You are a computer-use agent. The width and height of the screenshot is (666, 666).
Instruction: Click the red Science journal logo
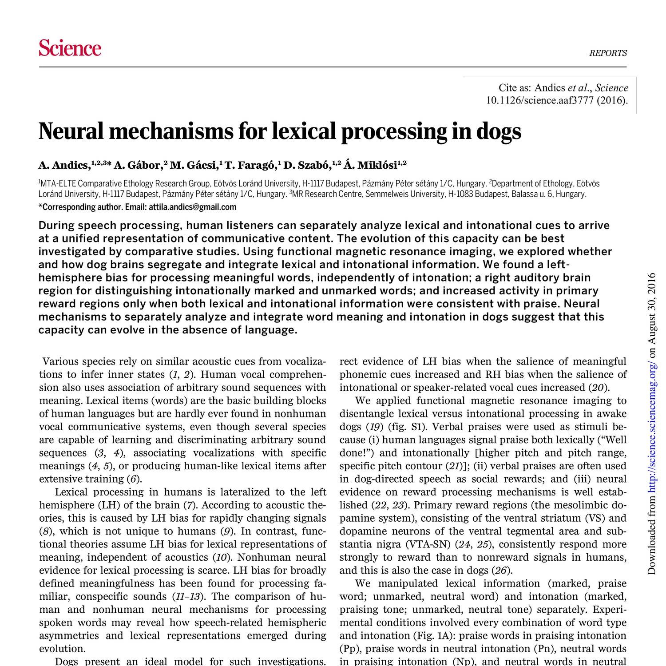click(70, 48)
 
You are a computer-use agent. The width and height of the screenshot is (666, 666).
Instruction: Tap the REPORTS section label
click(608, 53)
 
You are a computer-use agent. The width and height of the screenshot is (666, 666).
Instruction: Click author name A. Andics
click(64, 166)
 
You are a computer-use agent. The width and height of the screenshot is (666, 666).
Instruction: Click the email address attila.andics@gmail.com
click(192, 207)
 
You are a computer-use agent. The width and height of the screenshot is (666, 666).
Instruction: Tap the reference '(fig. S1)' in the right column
click(404, 427)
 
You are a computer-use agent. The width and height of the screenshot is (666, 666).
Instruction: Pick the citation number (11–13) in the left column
click(185, 596)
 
